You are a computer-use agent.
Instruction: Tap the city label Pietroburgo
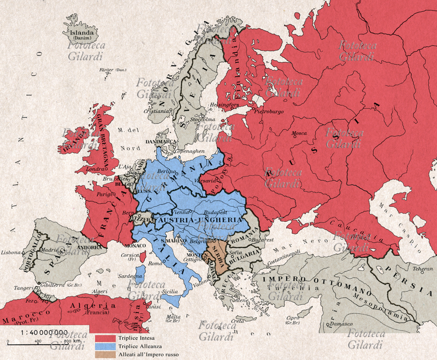(x=267, y=111)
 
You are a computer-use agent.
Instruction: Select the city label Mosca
(x=300, y=133)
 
